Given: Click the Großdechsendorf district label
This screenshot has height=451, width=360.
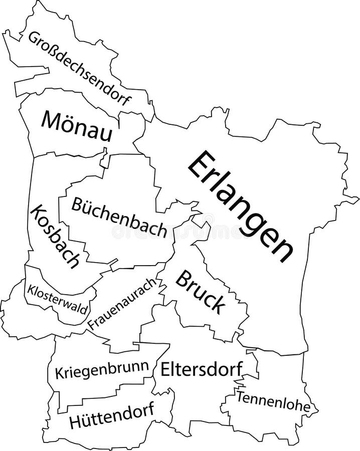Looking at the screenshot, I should [79, 68].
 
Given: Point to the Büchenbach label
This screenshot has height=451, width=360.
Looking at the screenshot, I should [119, 217].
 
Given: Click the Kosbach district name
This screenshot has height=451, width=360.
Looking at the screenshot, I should [55, 236].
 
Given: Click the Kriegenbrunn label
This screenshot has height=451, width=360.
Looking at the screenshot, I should [102, 371].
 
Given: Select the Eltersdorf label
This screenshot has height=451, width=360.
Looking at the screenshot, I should [202, 370].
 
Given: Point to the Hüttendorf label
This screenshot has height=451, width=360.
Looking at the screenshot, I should [112, 416].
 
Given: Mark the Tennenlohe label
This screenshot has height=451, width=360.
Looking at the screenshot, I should [273, 401].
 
